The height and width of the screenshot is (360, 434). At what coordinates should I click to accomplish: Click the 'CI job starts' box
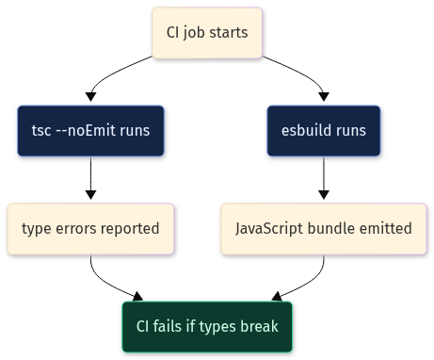[x=207, y=33]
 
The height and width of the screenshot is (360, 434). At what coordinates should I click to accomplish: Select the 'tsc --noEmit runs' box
[x=90, y=131]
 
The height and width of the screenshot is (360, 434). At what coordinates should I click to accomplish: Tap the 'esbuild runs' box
[x=324, y=131]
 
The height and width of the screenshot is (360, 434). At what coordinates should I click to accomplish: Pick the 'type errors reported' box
[x=90, y=229]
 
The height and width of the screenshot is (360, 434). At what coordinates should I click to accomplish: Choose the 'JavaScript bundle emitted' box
[x=324, y=229]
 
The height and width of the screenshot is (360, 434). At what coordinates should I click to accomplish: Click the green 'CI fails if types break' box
[x=207, y=327]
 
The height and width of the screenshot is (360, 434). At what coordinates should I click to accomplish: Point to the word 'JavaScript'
[x=269, y=229]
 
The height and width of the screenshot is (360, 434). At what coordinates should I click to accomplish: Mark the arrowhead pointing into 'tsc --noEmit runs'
[x=90, y=97]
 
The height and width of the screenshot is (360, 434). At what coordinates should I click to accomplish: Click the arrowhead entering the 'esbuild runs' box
[x=324, y=97]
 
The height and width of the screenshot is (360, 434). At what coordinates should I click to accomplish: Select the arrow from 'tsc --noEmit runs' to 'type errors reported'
[x=90, y=177]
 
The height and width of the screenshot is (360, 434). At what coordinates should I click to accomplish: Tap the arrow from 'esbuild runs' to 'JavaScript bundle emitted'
[x=324, y=177]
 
